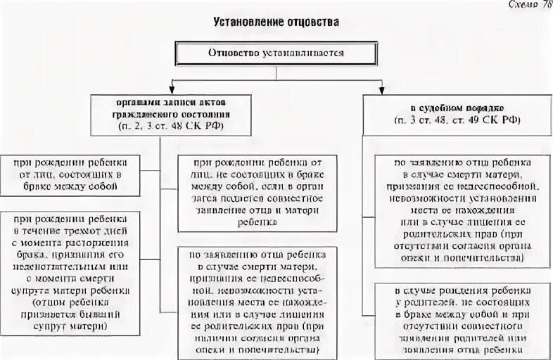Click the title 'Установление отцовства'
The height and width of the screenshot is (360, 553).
tap(276, 23)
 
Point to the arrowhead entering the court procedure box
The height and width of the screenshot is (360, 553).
tap(381, 89)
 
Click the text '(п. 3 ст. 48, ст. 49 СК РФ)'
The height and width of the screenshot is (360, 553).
tap(455, 120)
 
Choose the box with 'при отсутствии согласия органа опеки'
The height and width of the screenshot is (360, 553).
tap(457, 210)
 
